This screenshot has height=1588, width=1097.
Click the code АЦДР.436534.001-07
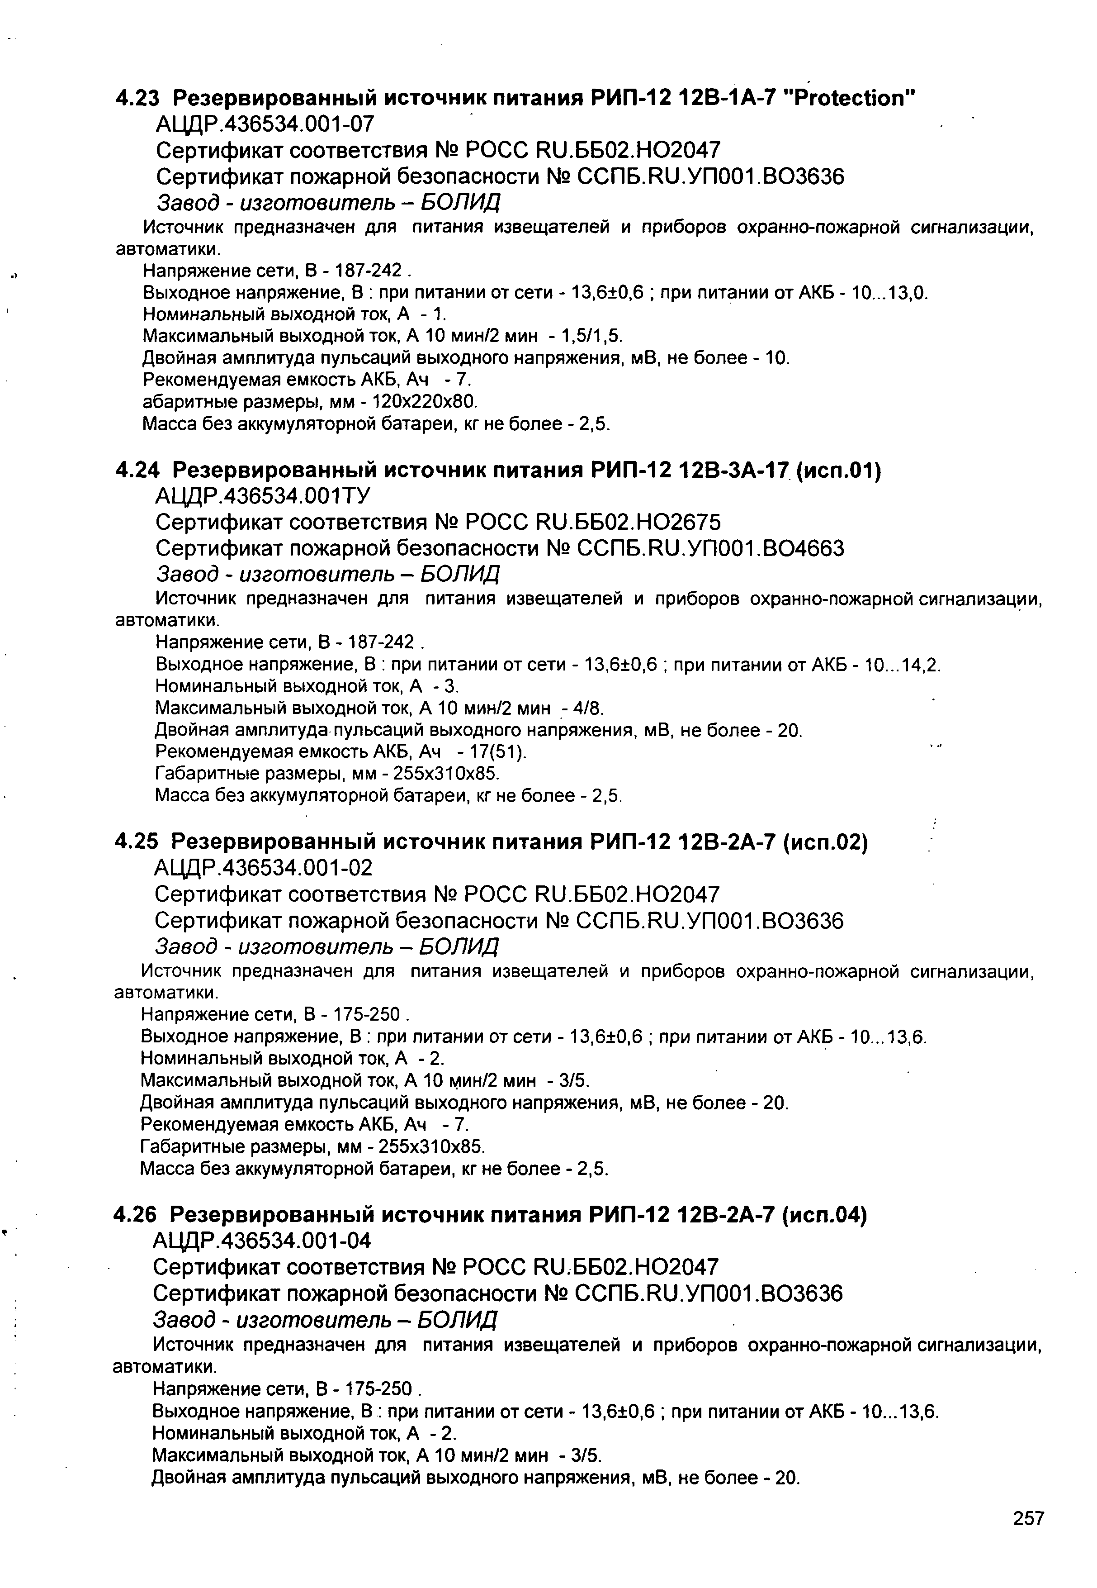(x=265, y=124)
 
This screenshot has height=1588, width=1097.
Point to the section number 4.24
(x=137, y=471)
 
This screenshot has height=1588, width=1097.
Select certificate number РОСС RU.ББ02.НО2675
(x=593, y=523)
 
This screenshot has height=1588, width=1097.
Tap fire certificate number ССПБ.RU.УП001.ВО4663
(x=710, y=549)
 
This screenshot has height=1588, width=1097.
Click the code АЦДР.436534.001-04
(x=262, y=1240)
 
